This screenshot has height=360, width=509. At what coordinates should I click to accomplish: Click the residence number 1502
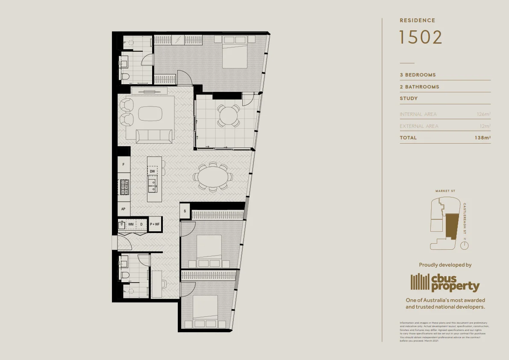point(421,37)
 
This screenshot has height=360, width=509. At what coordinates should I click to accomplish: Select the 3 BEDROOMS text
point(418,75)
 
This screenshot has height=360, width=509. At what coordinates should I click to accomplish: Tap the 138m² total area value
point(482,138)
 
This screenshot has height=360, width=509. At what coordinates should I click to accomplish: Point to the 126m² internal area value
point(483,114)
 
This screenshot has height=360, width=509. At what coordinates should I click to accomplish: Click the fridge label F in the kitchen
point(124,164)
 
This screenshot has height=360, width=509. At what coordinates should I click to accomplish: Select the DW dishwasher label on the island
point(152,171)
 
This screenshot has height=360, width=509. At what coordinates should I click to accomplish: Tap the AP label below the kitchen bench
point(124,209)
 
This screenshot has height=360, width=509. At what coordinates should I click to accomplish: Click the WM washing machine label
point(131,224)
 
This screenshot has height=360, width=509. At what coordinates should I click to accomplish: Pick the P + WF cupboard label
point(155,224)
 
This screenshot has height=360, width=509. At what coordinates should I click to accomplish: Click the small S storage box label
point(185,211)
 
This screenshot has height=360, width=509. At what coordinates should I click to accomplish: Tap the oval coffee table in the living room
point(150,114)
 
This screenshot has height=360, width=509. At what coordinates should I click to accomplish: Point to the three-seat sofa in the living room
point(154,136)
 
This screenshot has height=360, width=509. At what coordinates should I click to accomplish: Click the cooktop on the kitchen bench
point(124,186)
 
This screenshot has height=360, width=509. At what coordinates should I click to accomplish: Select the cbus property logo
point(445,282)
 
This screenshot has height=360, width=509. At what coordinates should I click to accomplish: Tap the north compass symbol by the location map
point(465,245)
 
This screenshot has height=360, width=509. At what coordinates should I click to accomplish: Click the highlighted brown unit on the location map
point(451,225)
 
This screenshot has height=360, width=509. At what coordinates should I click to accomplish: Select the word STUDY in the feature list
point(409,98)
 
